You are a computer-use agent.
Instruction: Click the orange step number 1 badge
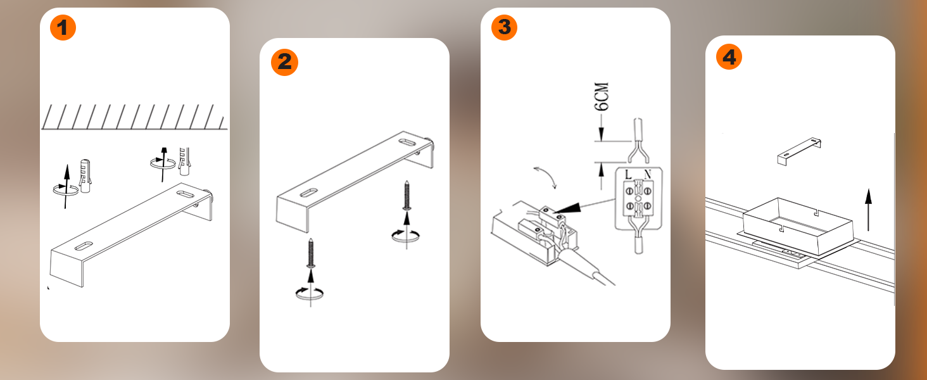pos(63,27)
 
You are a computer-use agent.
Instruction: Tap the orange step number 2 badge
pos(284,62)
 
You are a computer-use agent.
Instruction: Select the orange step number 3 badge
pos(504,27)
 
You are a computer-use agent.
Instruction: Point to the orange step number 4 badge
pos(729,57)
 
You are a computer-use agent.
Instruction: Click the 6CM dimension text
pos(602,96)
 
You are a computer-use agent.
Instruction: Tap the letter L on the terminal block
pos(628,175)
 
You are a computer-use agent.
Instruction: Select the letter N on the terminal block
pos(648,175)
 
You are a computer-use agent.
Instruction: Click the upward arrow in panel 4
pos(868,210)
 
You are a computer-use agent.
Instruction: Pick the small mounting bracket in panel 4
pos(799,151)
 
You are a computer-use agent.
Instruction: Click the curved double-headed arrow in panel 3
pos(547,176)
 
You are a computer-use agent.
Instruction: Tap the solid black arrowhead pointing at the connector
pos(568,208)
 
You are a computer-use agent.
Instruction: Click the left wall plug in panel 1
pos(85,176)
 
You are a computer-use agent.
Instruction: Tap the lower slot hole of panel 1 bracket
pos(84,246)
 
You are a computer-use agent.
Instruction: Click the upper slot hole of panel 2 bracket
pos(408,142)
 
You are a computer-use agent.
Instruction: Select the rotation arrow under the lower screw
pos(310,293)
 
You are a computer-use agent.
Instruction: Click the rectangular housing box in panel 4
pos(797,226)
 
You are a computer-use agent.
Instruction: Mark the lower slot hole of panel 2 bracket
pos(309,193)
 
